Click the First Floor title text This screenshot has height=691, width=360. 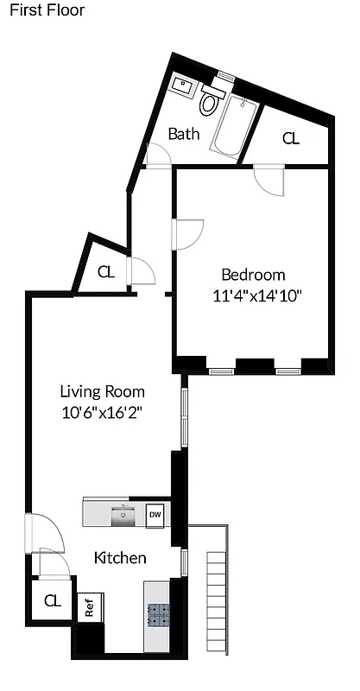[47, 10]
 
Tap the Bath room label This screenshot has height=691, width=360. [183, 134]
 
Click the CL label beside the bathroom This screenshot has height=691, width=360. [291, 138]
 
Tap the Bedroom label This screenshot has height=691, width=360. [253, 276]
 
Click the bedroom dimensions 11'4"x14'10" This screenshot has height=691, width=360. [256, 295]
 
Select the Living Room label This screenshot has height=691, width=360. [103, 390]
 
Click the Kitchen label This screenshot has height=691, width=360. [120, 558]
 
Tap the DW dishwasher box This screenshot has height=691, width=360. [155, 516]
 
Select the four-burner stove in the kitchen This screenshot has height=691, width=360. [158, 614]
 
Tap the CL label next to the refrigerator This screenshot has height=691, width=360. [53, 600]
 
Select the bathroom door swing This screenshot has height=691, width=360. [158, 155]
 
